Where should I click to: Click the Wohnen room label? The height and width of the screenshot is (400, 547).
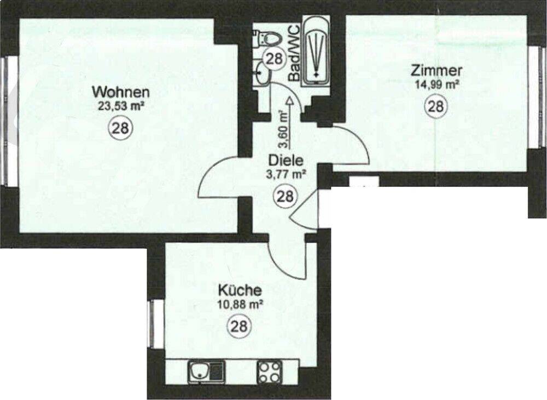point(120,91)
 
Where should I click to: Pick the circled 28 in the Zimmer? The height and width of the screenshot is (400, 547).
point(435,106)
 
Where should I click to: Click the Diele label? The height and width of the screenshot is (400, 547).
point(284,162)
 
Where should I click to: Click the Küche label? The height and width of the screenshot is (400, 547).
point(240,289)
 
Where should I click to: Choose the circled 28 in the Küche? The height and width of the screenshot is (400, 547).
point(238,327)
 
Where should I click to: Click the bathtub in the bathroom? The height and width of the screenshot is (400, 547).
point(317,52)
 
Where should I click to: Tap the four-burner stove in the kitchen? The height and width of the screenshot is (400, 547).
point(270,372)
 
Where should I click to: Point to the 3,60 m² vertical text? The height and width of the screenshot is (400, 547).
point(283,129)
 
